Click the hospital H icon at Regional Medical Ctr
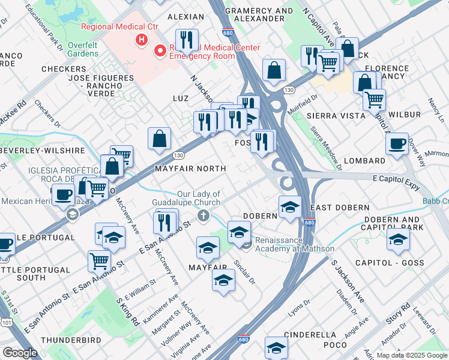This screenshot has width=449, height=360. tap(141, 40)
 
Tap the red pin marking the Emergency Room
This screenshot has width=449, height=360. tap(160, 51)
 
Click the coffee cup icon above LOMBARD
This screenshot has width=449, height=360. tap(397, 144)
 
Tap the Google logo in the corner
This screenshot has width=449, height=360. tap(20, 353)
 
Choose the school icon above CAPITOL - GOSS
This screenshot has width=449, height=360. tap(397, 240)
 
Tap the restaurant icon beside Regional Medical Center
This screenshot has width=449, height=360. tap(187, 40)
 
